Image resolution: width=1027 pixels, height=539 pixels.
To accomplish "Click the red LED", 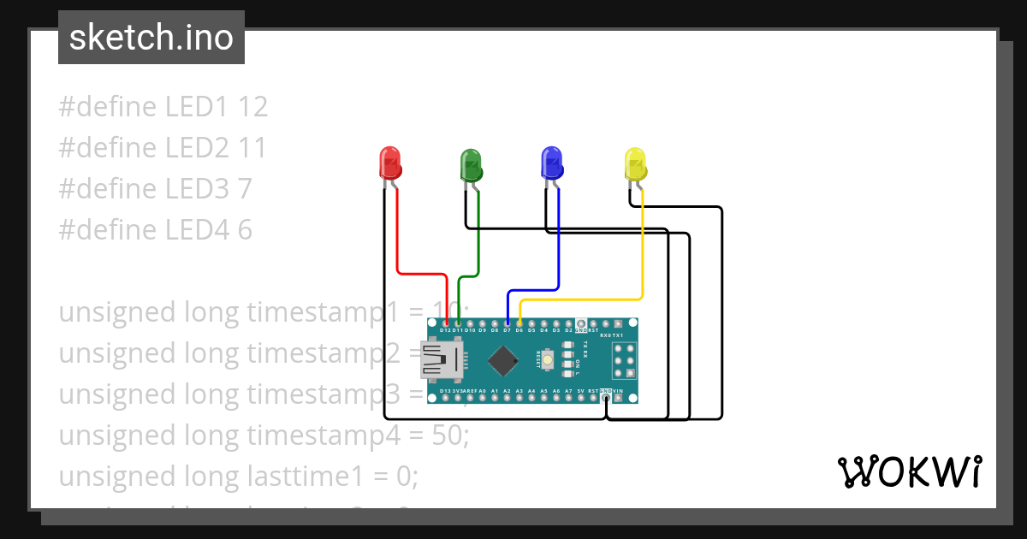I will point(389,163).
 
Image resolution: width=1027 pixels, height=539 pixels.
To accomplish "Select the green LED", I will point(472,163).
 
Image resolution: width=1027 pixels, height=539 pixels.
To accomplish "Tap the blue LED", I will point(552,163).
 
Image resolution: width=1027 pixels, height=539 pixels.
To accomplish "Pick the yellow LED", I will point(634,163).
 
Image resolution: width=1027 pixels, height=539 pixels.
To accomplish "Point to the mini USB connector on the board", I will point(439,359).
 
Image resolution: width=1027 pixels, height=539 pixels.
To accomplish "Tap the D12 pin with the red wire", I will point(446,323).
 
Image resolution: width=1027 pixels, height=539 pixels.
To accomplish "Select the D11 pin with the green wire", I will point(459,323).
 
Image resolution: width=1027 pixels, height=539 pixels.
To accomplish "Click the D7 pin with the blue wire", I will point(508,323).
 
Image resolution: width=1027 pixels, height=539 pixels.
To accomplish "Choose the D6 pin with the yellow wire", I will point(519,323).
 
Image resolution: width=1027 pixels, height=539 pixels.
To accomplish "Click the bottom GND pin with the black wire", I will point(606,398).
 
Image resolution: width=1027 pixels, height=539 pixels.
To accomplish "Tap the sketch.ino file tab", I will point(151,38).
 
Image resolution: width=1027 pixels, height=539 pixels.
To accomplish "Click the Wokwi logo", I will point(908,471).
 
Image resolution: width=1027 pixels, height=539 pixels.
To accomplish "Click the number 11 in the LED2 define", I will point(252,148).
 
